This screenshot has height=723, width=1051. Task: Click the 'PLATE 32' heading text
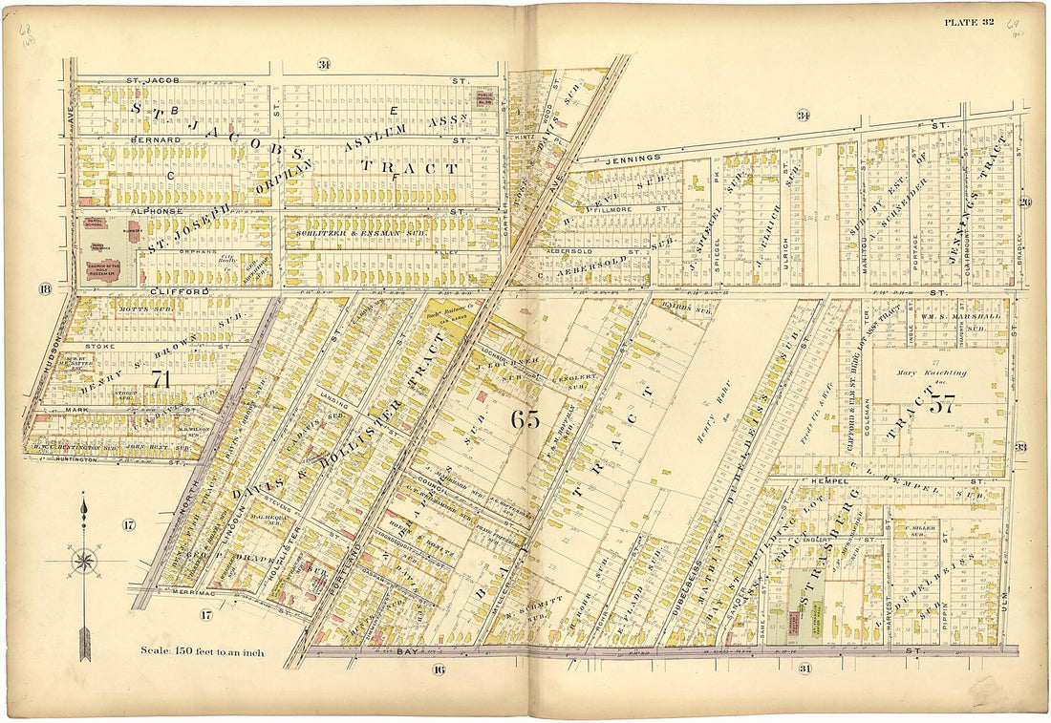[970, 22]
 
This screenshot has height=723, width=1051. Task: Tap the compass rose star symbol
[84, 561]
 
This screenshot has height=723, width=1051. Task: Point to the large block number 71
[159, 379]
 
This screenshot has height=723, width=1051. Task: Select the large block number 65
[525, 418]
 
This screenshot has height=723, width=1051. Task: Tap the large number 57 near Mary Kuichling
[942, 404]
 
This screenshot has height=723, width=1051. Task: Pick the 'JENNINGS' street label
[633, 158]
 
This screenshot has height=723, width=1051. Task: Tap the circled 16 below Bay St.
[438, 669]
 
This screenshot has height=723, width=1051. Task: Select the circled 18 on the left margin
[43, 289]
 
